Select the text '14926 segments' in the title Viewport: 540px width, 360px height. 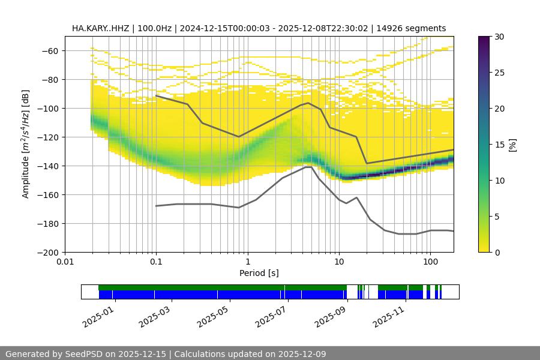(416, 28)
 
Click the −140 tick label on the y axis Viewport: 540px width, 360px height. (47, 166)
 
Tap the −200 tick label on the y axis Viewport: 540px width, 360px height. (47, 252)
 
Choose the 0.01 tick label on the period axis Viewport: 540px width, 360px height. (65, 262)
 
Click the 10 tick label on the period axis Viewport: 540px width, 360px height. (338, 262)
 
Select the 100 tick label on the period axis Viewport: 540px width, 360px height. (430, 262)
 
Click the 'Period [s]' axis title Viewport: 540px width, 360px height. (259, 273)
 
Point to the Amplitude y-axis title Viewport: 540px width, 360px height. (25, 144)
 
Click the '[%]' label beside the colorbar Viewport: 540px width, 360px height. (512, 145)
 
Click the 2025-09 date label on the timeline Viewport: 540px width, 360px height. (331, 315)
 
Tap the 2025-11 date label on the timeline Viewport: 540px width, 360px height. (388, 315)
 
